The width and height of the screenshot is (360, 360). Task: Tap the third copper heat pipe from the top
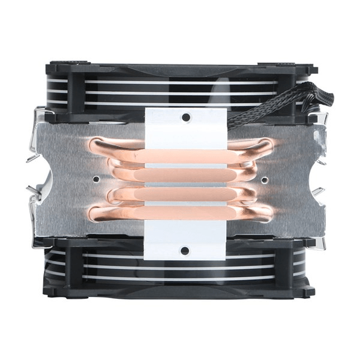click(x=180, y=194)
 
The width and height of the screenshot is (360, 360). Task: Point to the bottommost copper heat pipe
click(x=180, y=214)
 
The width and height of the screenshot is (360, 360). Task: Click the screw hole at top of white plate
click(x=186, y=117)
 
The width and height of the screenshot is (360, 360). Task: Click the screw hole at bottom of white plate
click(x=185, y=250)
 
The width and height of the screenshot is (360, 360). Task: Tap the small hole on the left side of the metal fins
click(x=97, y=178)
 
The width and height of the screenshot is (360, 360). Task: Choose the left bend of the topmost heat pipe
click(x=96, y=146)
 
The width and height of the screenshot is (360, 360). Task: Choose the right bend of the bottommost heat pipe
click(x=267, y=213)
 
